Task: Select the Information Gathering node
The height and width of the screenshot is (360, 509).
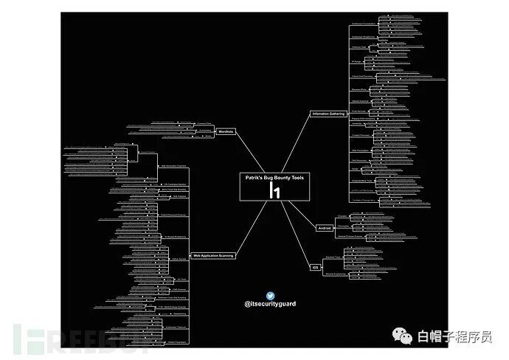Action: (328, 114)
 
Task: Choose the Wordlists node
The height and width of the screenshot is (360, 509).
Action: (226, 131)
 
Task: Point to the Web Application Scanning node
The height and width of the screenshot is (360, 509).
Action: (213, 255)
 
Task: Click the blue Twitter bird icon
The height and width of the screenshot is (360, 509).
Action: (270, 295)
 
